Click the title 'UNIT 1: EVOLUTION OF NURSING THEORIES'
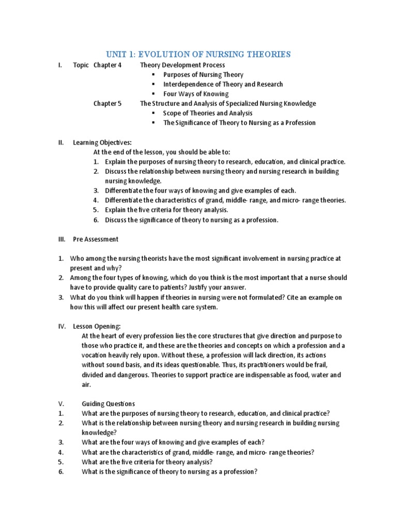198,54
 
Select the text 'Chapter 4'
108,65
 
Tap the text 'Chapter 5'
108,103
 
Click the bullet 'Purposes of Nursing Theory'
203,74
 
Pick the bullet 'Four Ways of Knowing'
195,94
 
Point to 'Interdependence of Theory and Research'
223,84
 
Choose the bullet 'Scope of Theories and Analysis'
208,113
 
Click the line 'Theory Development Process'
182,65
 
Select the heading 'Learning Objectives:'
102,143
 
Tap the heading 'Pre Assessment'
96,239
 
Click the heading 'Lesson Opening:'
97,326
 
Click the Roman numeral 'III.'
62,239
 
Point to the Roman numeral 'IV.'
62,326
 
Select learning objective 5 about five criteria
166,210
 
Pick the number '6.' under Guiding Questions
61,472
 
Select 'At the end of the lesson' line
161,152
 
